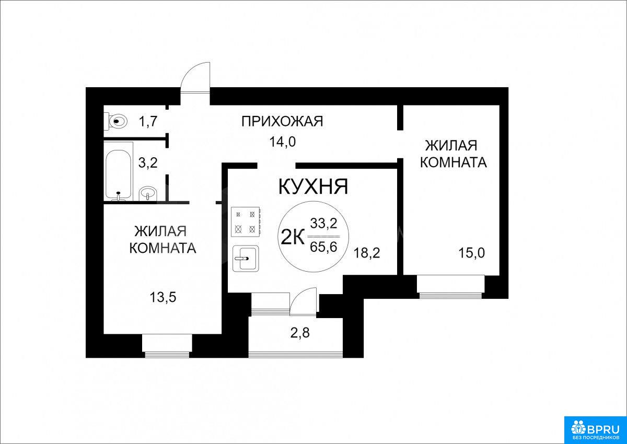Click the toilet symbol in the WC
coord(115,121)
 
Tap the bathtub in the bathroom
coord(118,171)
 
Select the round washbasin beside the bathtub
coord(148,193)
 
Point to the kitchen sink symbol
coord(246,259)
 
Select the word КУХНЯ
coord(313,187)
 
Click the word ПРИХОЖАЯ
coord(282,121)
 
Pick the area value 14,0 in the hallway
coord(283,143)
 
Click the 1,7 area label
coord(148,122)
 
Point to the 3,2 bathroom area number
coord(148,163)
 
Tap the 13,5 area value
coord(163,297)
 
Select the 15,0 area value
coord(472,253)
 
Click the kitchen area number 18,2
coord(367,253)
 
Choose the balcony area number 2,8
coord(300,333)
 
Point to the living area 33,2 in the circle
coord(323,224)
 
